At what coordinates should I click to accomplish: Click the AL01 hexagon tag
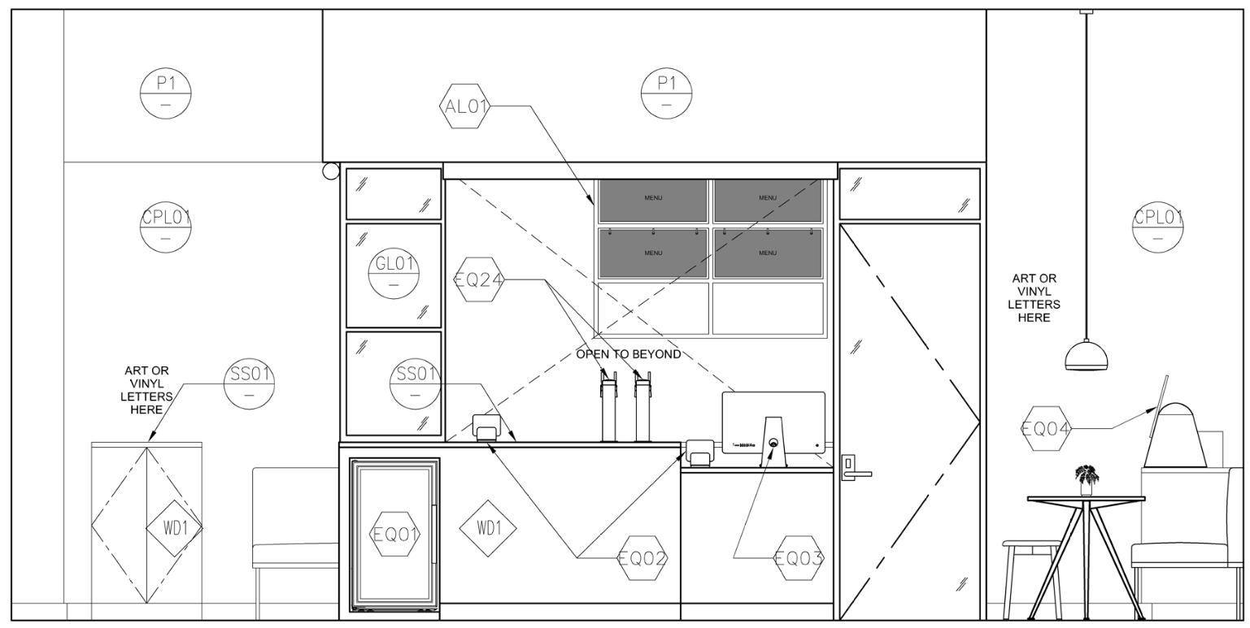[x=465, y=106]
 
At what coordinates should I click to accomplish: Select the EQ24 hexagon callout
[x=479, y=280]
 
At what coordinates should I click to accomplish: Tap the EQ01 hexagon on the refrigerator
[x=395, y=535]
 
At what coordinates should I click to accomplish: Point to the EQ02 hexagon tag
[x=642, y=558]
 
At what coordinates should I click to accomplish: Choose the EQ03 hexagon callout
[x=799, y=558]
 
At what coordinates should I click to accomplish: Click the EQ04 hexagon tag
[x=1046, y=428]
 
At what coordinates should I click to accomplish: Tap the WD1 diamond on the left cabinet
[x=174, y=528]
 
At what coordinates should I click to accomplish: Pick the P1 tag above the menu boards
[x=667, y=93]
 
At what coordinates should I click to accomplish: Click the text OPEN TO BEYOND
[x=629, y=355]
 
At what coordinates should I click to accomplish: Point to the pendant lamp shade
[x=1087, y=356]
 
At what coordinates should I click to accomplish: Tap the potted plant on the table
[x=1087, y=478]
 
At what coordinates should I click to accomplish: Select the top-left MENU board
[x=653, y=199]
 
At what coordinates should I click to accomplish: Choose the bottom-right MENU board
[x=768, y=253]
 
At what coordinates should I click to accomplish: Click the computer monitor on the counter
[x=773, y=422]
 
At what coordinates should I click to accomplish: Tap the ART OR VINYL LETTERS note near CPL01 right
[x=1034, y=298]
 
